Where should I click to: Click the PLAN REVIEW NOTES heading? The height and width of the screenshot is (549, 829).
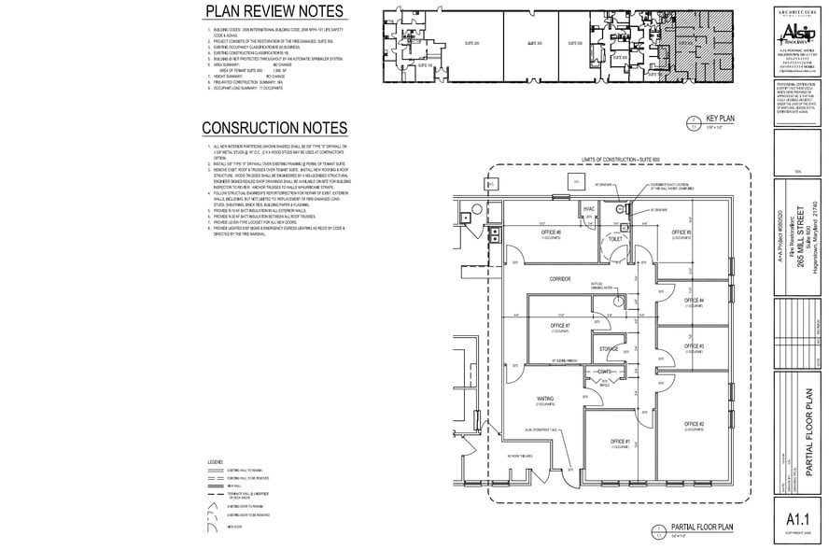pyautogui.click(x=274, y=11)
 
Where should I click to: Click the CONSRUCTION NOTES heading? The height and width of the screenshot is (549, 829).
pyautogui.click(x=274, y=128)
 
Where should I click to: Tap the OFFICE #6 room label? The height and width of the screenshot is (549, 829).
pyautogui.click(x=553, y=232)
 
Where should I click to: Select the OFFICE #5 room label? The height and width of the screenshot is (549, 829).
pyautogui.click(x=681, y=232)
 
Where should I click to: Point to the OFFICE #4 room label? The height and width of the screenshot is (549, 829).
pyautogui.click(x=693, y=300)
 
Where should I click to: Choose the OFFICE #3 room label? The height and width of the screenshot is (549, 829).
pyautogui.click(x=693, y=345)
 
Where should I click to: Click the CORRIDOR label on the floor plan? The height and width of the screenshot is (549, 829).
pyautogui.click(x=560, y=279)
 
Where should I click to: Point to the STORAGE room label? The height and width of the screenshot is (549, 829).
pyautogui.click(x=609, y=348)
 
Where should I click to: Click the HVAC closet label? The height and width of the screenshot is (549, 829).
pyautogui.click(x=588, y=208)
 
